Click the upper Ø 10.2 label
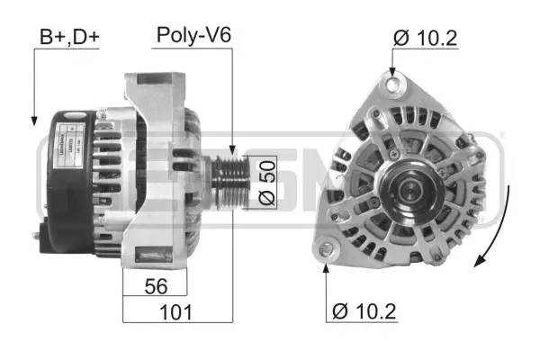pos(426,38)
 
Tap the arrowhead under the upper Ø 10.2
pos(391,73)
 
